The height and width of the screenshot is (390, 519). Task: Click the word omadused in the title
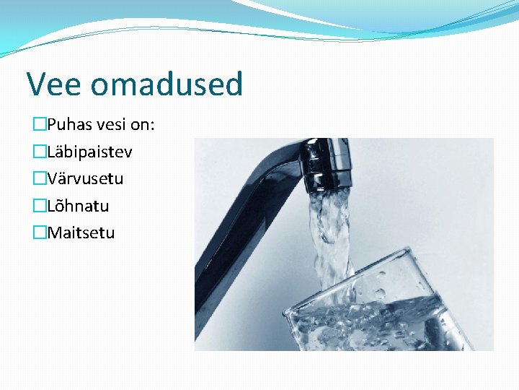(x=167, y=84)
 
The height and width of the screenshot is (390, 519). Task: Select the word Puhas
(x=70, y=125)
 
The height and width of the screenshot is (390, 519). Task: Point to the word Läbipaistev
(x=89, y=152)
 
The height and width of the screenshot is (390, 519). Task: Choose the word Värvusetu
(x=85, y=178)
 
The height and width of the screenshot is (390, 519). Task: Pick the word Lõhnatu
(x=78, y=206)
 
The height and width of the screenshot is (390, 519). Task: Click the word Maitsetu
(x=81, y=233)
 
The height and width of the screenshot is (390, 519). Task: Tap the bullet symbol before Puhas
(x=39, y=125)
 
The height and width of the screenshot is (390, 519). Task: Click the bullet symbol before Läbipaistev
(x=39, y=152)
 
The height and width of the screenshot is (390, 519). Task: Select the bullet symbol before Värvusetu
(x=39, y=178)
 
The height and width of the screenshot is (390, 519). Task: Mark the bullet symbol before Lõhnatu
(x=39, y=206)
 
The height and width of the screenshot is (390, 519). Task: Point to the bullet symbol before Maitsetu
(x=39, y=233)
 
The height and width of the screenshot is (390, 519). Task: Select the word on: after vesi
(x=143, y=125)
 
